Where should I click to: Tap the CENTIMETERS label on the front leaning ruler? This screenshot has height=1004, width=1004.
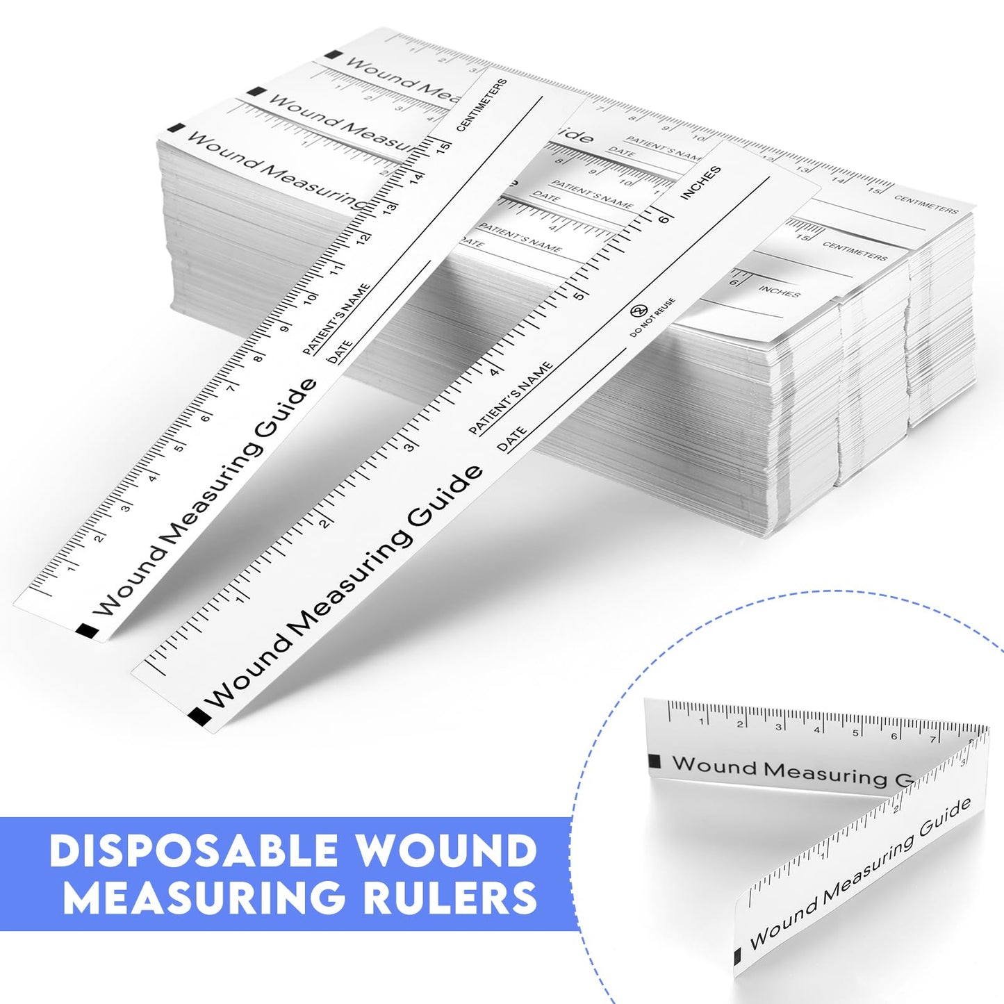point(482,105)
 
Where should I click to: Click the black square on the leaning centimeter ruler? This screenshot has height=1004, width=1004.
point(87,631)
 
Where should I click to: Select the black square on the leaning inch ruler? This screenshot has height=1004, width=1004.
point(199,716)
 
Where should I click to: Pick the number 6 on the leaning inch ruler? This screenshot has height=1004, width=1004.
point(664,219)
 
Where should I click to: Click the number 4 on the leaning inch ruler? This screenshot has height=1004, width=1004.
point(495,372)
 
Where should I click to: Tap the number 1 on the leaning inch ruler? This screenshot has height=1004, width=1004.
point(240,599)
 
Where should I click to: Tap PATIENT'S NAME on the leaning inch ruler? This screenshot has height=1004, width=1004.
point(511,398)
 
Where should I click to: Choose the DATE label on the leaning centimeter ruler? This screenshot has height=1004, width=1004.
point(340,353)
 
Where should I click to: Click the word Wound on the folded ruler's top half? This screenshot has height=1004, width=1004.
point(714,766)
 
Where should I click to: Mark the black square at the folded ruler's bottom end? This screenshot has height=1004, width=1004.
point(738,957)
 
